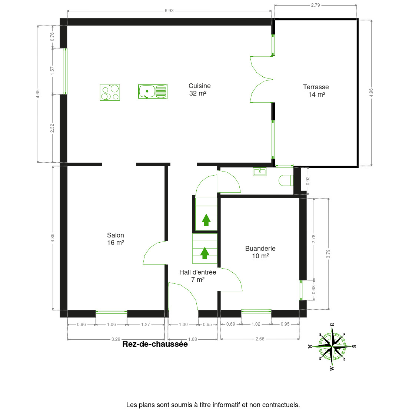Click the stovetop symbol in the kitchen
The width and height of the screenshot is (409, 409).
110,92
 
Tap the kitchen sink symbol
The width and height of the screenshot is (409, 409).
153,92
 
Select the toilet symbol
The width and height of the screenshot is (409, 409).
286,180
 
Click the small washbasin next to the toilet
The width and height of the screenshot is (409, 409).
260,171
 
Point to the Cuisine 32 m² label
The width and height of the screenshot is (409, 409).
199,90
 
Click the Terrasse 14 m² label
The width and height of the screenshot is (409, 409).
316,91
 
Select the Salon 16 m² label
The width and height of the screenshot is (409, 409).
116,239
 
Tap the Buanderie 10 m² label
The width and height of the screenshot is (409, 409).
260,252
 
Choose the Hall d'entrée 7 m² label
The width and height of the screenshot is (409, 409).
197,276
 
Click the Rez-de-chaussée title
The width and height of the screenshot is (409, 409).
155,344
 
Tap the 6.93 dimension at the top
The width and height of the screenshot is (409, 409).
169,11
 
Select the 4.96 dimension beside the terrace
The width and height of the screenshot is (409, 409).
371,93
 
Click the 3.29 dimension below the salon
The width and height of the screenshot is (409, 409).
116,339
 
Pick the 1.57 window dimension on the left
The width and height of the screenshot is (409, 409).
52,71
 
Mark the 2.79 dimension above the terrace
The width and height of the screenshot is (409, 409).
315,5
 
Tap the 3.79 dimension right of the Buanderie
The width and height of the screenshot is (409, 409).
328,254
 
